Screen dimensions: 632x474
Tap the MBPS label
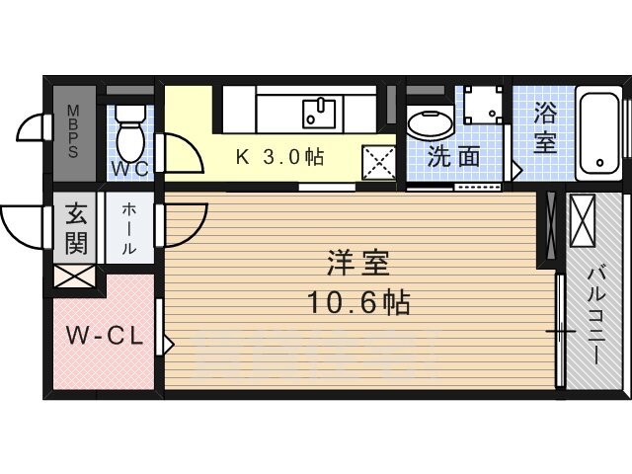pos(73,131)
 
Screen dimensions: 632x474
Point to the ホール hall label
pos(128,228)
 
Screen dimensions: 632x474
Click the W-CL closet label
pos(105,336)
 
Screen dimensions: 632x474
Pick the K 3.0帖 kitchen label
pos(279,156)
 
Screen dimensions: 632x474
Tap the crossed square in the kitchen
pos(379,163)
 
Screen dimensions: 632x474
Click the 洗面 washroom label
pos(454,156)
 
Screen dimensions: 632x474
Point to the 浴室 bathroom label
pos(545,128)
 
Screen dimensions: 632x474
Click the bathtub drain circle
pos(599,163)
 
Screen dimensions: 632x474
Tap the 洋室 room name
pos(357,263)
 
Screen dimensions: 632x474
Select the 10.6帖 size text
pos(358,302)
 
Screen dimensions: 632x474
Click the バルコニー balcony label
pos(595,316)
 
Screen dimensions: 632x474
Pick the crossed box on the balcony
pos(582,220)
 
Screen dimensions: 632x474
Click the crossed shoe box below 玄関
pos(75,276)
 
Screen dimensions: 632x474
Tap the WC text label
pos(129,169)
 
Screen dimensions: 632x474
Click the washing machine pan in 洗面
pos(483,106)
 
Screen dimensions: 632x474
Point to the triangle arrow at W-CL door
pos(169,345)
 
